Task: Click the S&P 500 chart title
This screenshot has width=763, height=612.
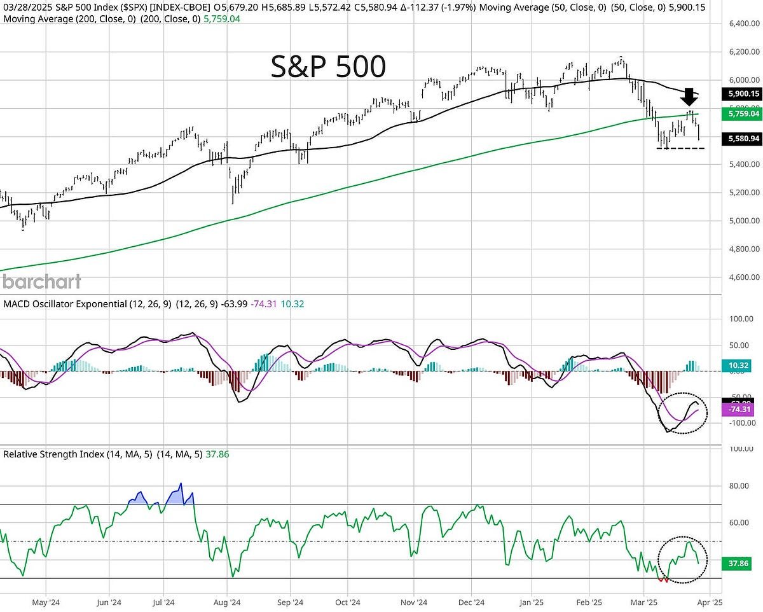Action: click(x=328, y=67)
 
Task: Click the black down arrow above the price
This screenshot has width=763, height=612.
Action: click(x=689, y=97)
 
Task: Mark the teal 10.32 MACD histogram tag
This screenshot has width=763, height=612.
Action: click(x=740, y=365)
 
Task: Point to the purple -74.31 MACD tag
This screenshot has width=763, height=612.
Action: click(x=740, y=411)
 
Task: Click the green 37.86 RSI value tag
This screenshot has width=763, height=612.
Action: click(x=740, y=563)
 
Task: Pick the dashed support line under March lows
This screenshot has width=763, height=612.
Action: click(x=681, y=148)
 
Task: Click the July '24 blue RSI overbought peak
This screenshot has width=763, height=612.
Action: click(x=180, y=493)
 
